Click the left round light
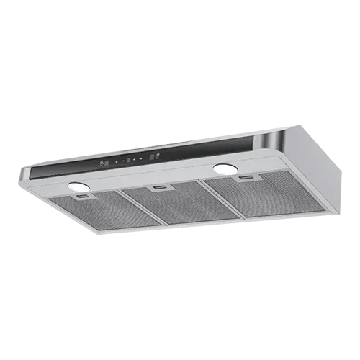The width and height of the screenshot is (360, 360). coord(77,186)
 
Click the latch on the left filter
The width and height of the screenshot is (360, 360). coord(84,195)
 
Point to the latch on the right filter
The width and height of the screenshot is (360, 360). coord(247,177)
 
